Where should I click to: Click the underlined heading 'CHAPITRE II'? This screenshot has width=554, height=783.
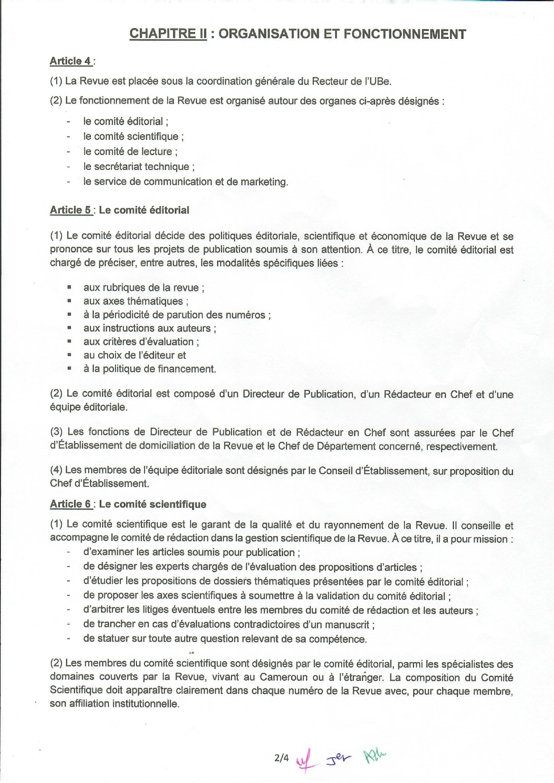(168, 34)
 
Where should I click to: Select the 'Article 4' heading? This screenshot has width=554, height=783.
(71, 61)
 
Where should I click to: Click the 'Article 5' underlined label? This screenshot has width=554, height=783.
(71, 210)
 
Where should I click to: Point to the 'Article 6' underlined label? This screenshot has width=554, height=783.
(71, 504)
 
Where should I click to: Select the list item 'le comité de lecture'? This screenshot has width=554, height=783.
(130, 152)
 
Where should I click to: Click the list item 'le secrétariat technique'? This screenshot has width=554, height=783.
(139, 167)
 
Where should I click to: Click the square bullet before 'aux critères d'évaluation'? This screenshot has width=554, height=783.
(70, 341)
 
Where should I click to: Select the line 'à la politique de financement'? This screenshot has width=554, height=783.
(149, 369)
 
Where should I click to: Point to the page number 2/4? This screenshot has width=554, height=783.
(281, 758)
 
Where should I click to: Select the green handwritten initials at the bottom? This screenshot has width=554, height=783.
(374, 755)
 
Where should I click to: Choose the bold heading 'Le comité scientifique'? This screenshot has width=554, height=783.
(153, 504)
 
